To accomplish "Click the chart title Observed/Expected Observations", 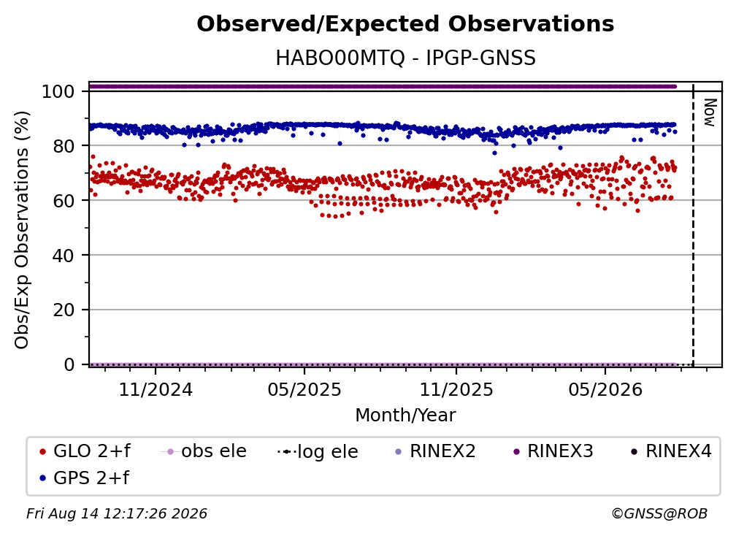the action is coord(405,24).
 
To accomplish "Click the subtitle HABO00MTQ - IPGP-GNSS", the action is coord(405,58).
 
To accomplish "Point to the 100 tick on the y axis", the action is coord(58,91).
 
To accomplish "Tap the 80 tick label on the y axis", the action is coord(64,146).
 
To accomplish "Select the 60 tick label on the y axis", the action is coord(64,200).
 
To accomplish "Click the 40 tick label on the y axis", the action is coord(64,256).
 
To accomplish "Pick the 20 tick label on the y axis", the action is coord(64,310).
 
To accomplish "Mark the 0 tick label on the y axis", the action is coord(69,364).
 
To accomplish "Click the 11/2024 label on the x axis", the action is coord(156,389).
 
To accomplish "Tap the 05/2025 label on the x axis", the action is coord(304,389).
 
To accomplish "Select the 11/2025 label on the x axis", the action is coord(456,389).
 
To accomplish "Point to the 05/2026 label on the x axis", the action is coord(605,389).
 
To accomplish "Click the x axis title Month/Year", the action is coord(405,415).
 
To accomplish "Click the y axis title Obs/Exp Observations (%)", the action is coord(22,230).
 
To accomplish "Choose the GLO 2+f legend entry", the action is coord(85,451).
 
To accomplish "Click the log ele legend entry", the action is coord(318,451).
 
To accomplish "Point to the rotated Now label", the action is coord(710,112).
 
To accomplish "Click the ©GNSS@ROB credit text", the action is coord(659,514).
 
